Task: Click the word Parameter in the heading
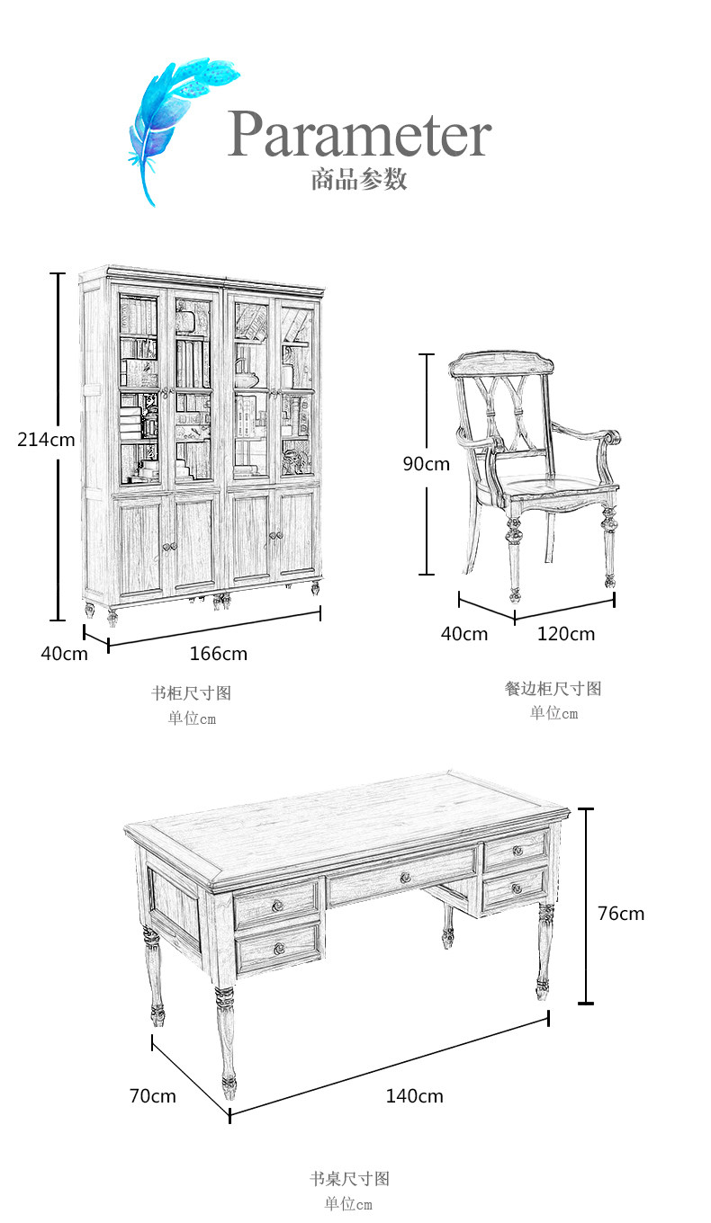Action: tap(359, 135)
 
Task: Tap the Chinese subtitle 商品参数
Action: tap(359, 179)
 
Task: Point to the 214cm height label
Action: tap(46, 440)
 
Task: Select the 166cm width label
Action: tap(218, 654)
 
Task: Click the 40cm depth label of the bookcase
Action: tap(64, 654)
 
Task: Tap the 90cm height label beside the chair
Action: tap(426, 464)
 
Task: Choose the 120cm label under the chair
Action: tap(566, 634)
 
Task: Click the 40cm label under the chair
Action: tap(464, 634)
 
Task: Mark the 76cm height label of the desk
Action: tap(621, 914)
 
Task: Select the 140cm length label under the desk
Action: tap(415, 1096)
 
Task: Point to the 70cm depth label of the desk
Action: tap(153, 1096)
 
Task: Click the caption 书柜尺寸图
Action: tap(192, 693)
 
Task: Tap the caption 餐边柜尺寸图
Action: tap(553, 689)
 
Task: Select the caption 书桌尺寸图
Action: tap(349, 1179)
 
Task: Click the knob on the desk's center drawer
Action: tap(404, 878)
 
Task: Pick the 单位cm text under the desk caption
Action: tap(348, 1204)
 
